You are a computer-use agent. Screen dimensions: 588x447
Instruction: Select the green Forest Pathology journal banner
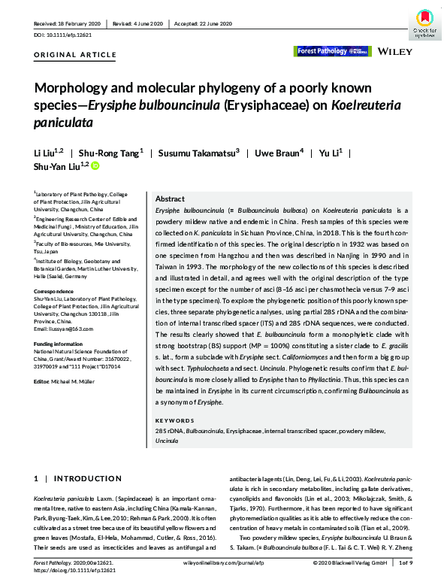pos(333,51)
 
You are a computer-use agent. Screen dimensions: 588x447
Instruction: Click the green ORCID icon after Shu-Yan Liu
pos(95,165)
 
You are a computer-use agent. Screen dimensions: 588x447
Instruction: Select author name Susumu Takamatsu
pos(198,153)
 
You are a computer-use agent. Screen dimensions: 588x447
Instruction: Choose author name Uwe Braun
pos(278,153)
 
